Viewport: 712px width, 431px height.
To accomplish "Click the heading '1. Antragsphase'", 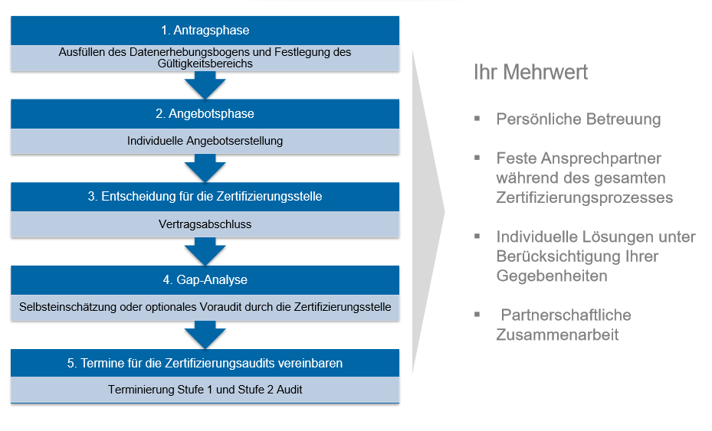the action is tap(205, 31).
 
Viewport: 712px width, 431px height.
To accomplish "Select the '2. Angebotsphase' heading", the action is tap(205, 113).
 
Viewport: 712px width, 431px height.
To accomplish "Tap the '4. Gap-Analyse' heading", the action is tap(205, 279).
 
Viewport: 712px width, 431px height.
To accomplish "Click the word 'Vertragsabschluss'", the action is tap(205, 224).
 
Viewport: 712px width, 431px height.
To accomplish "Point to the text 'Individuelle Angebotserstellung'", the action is tap(205, 141).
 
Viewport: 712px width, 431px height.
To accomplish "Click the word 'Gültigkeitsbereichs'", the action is tap(205, 64).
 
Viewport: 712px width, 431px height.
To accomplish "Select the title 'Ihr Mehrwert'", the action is tap(530, 72).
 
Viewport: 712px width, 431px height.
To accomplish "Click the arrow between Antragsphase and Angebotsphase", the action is tap(205, 85).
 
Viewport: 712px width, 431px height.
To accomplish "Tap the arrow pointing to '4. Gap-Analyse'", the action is tap(205, 252).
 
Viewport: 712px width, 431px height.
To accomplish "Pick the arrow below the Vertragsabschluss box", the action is tap(205, 252).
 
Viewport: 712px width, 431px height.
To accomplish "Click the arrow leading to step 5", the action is tap(205, 335).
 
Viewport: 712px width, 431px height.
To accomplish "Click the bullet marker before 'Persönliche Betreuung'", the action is tap(477, 119).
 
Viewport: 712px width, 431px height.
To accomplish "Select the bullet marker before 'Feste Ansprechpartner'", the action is tap(477, 158).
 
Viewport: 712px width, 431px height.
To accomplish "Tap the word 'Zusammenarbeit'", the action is tap(557, 335).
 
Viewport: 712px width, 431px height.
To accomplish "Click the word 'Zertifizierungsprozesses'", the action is tap(585, 198).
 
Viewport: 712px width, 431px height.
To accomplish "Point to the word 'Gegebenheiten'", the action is tap(552, 276).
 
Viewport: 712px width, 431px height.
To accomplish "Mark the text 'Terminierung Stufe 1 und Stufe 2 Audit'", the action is tap(205, 389).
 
